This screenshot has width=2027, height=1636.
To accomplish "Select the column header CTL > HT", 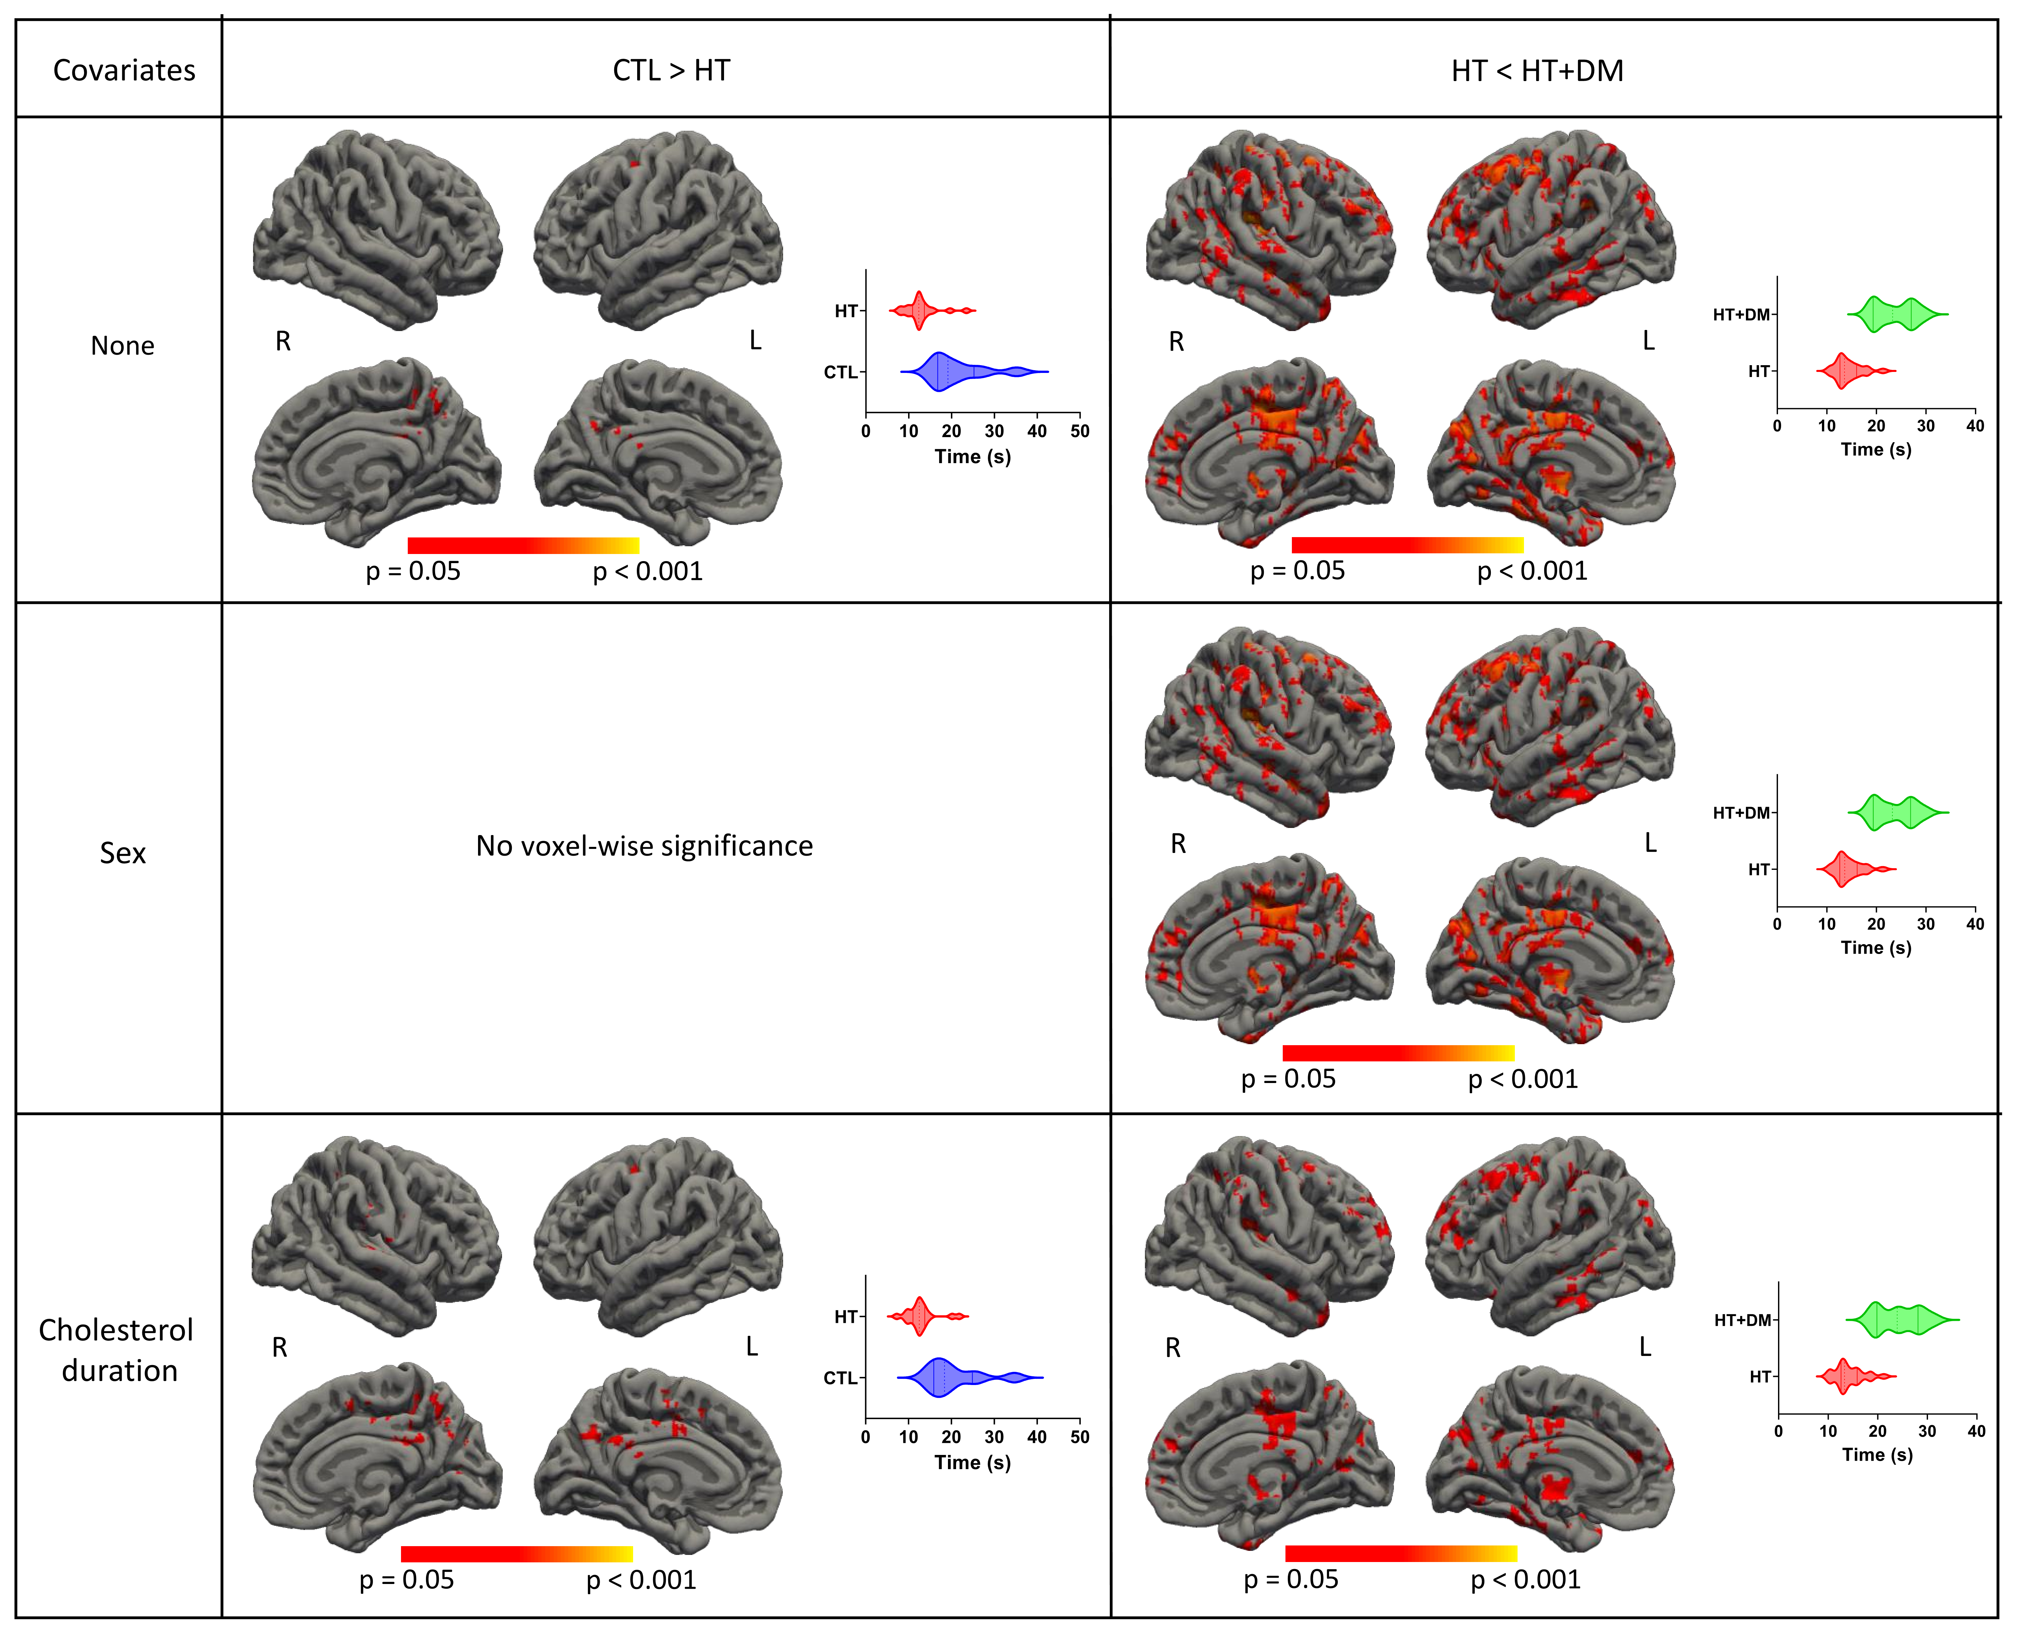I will point(671,71).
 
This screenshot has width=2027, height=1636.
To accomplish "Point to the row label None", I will point(123,346).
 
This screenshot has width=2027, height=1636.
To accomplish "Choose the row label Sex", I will point(123,853).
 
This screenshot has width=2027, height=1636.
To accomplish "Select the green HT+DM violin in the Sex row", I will point(1894,812).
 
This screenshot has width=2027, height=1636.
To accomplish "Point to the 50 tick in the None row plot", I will point(1080,432).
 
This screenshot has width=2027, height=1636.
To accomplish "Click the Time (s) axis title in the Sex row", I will point(1876,948).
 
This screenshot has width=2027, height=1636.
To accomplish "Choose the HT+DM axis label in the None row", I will point(1742,315).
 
